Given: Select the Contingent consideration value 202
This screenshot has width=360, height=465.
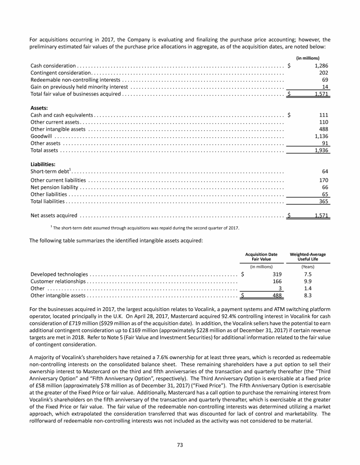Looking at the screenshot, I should [x=323, y=73].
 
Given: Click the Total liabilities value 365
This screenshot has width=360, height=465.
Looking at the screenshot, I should [x=323, y=201].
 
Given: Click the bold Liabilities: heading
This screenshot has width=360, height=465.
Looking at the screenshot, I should [x=43, y=164].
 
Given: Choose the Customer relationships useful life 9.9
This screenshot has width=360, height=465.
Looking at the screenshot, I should [x=308, y=281].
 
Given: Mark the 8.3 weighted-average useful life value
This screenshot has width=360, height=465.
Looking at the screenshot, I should [x=308, y=295].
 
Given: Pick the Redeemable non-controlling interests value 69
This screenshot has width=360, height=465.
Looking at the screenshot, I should [x=325, y=80].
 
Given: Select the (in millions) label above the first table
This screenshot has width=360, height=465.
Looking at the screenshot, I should [x=319, y=58].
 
